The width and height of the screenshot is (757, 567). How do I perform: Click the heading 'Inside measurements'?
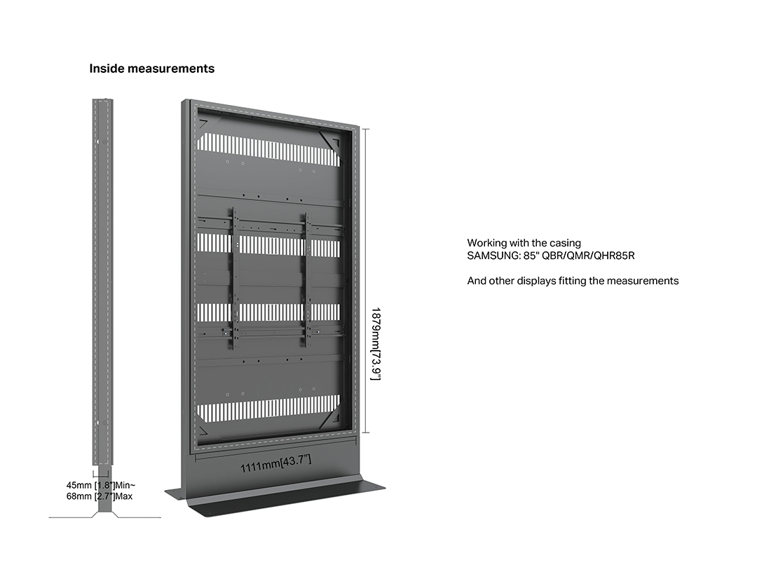tap(151, 69)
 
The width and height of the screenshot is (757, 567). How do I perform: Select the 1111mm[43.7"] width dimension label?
tap(275, 463)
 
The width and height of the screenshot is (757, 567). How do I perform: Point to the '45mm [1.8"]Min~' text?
tap(101, 485)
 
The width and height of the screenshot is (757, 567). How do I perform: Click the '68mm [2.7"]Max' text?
tap(100, 496)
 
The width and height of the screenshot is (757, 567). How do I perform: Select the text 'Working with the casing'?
tap(524, 243)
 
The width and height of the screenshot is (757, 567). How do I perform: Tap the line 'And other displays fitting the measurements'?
tap(573, 281)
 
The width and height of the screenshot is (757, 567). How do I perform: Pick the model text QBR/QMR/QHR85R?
tap(588, 255)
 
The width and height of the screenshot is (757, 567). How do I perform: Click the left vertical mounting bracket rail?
tap(235, 279)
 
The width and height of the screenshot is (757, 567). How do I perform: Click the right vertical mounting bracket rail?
tap(306, 279)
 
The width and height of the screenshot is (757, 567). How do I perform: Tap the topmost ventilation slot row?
tap(269, 147)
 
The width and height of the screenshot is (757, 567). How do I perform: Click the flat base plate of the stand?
tap(275, 494)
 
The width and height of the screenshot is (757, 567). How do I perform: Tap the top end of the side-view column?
tap(103, 100)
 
